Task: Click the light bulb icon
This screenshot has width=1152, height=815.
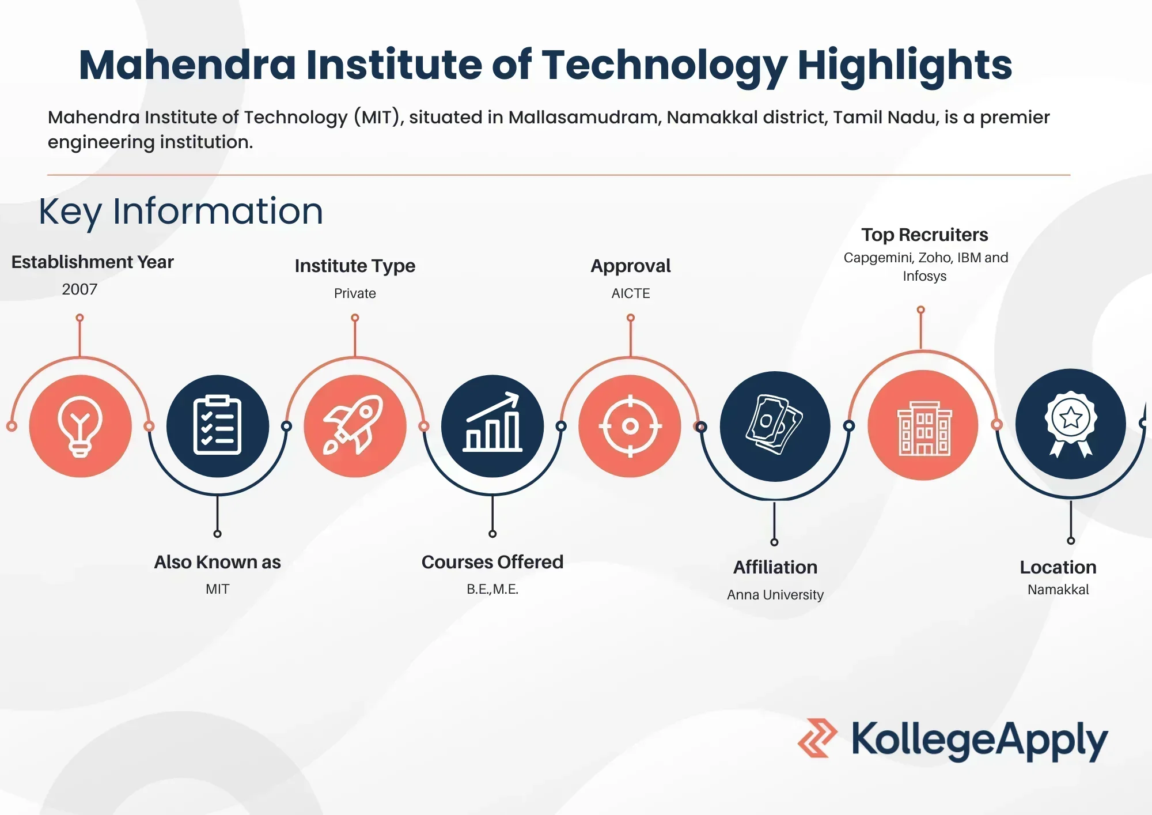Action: click(80, 427)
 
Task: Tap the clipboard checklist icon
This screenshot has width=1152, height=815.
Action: click(217, 425)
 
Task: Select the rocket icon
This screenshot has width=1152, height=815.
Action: click(354, 425)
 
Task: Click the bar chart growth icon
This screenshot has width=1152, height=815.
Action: click(492, 422)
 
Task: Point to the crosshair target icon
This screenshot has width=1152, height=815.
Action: click(630, 426)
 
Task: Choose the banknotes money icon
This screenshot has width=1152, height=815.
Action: click(774, 425)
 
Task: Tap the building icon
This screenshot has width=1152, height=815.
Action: click(924, 428)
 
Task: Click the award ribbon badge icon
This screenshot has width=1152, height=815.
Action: click(1070, 424)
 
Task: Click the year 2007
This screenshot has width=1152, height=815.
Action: click(79, 289)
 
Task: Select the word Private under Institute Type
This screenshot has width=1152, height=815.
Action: click(355, 293)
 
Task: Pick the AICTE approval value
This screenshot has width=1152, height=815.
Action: click(631, 293)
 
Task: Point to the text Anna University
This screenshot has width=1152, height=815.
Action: click(775, 595)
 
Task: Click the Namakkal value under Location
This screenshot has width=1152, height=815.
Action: click(1058, 590)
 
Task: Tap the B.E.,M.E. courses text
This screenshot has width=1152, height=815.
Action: click(492, 589)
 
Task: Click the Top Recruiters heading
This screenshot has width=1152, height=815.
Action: click(924, 235)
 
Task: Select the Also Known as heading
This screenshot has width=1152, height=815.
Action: click(217, 562)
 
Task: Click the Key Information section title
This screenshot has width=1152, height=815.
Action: click(181, 212)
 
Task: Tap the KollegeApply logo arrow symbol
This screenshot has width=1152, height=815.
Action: click(817, 738)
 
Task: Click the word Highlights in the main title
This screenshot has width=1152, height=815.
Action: click(904, 66)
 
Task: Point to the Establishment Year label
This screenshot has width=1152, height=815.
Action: click(92, 262)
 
